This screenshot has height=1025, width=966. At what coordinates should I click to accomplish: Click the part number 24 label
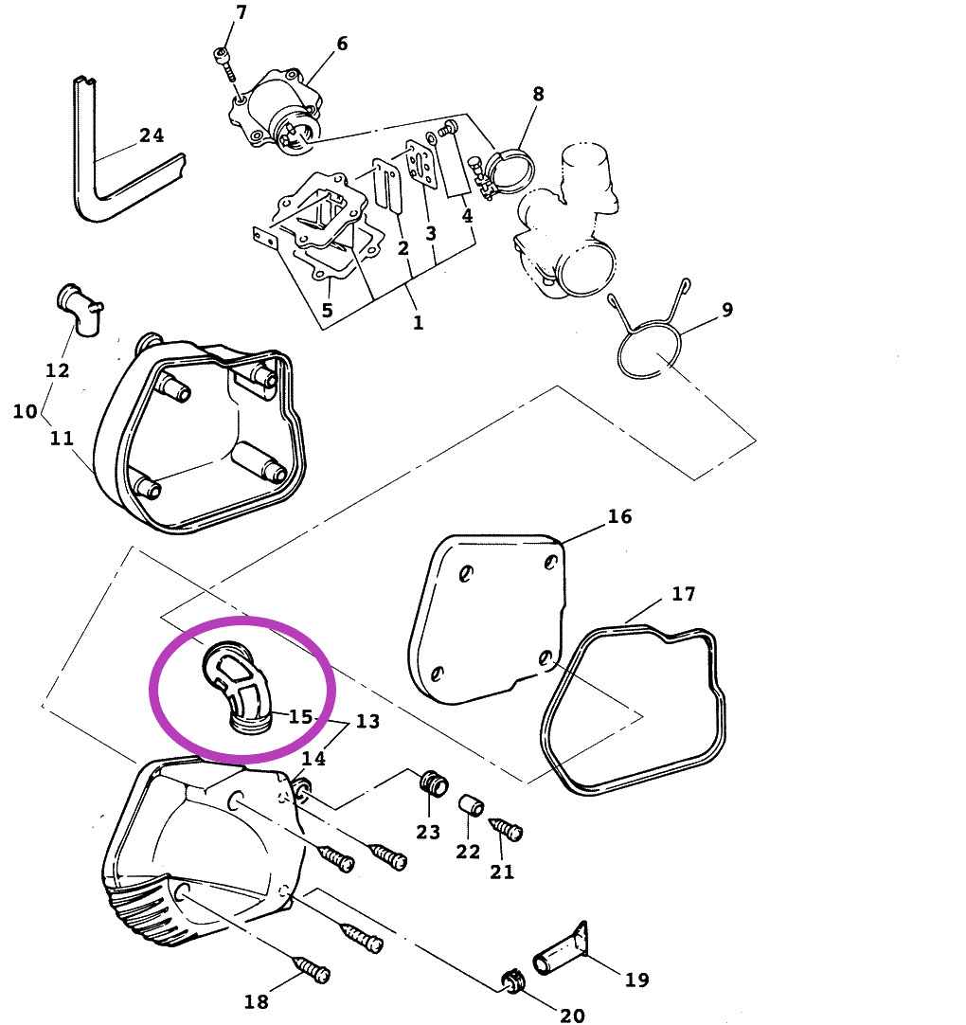click(152, 135)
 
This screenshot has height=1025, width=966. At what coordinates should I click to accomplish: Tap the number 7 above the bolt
click(241, 12)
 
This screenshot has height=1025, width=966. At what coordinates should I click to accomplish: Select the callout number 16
click(619, 516)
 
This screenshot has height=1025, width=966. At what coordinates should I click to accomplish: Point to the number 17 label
click(684, 594)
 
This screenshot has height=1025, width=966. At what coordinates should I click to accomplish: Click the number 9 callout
click(727, 309)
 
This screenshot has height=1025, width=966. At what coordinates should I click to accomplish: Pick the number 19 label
click(637, 980)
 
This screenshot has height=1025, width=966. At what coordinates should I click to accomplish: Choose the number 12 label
click(58, 370)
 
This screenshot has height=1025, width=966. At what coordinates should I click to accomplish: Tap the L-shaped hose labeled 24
click(98, 196)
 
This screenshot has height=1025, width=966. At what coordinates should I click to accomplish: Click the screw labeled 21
click(507, 829)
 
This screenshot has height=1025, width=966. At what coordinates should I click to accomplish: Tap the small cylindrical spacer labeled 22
click(472, 805)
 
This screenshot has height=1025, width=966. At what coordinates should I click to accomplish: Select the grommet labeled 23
click(434, 782)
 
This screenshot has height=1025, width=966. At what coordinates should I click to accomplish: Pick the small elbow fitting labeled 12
click(80, 309)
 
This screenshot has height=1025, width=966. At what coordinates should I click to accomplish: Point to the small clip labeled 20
click(512, 980)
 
